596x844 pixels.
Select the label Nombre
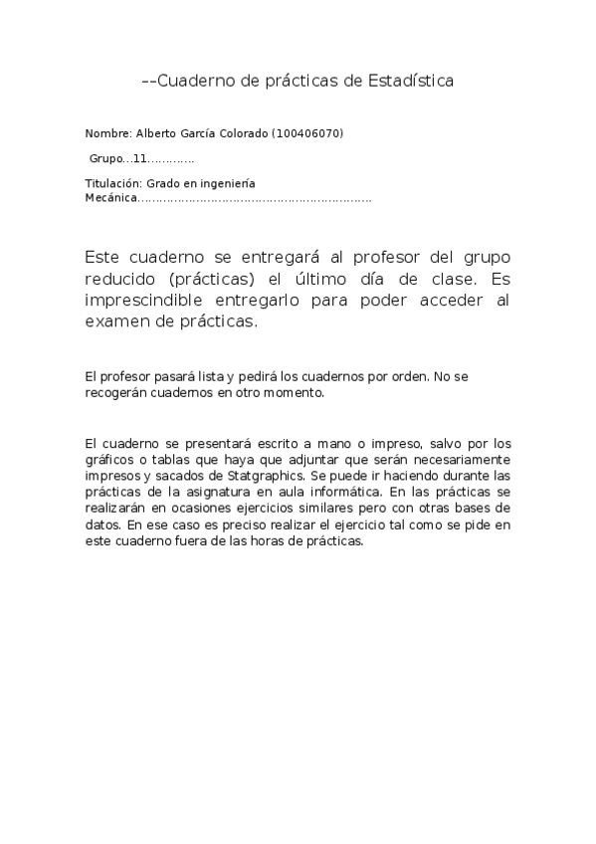click(x=107, y=133)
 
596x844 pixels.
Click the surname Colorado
click(x=240, y=133)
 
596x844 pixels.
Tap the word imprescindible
click(x=148, y=300)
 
